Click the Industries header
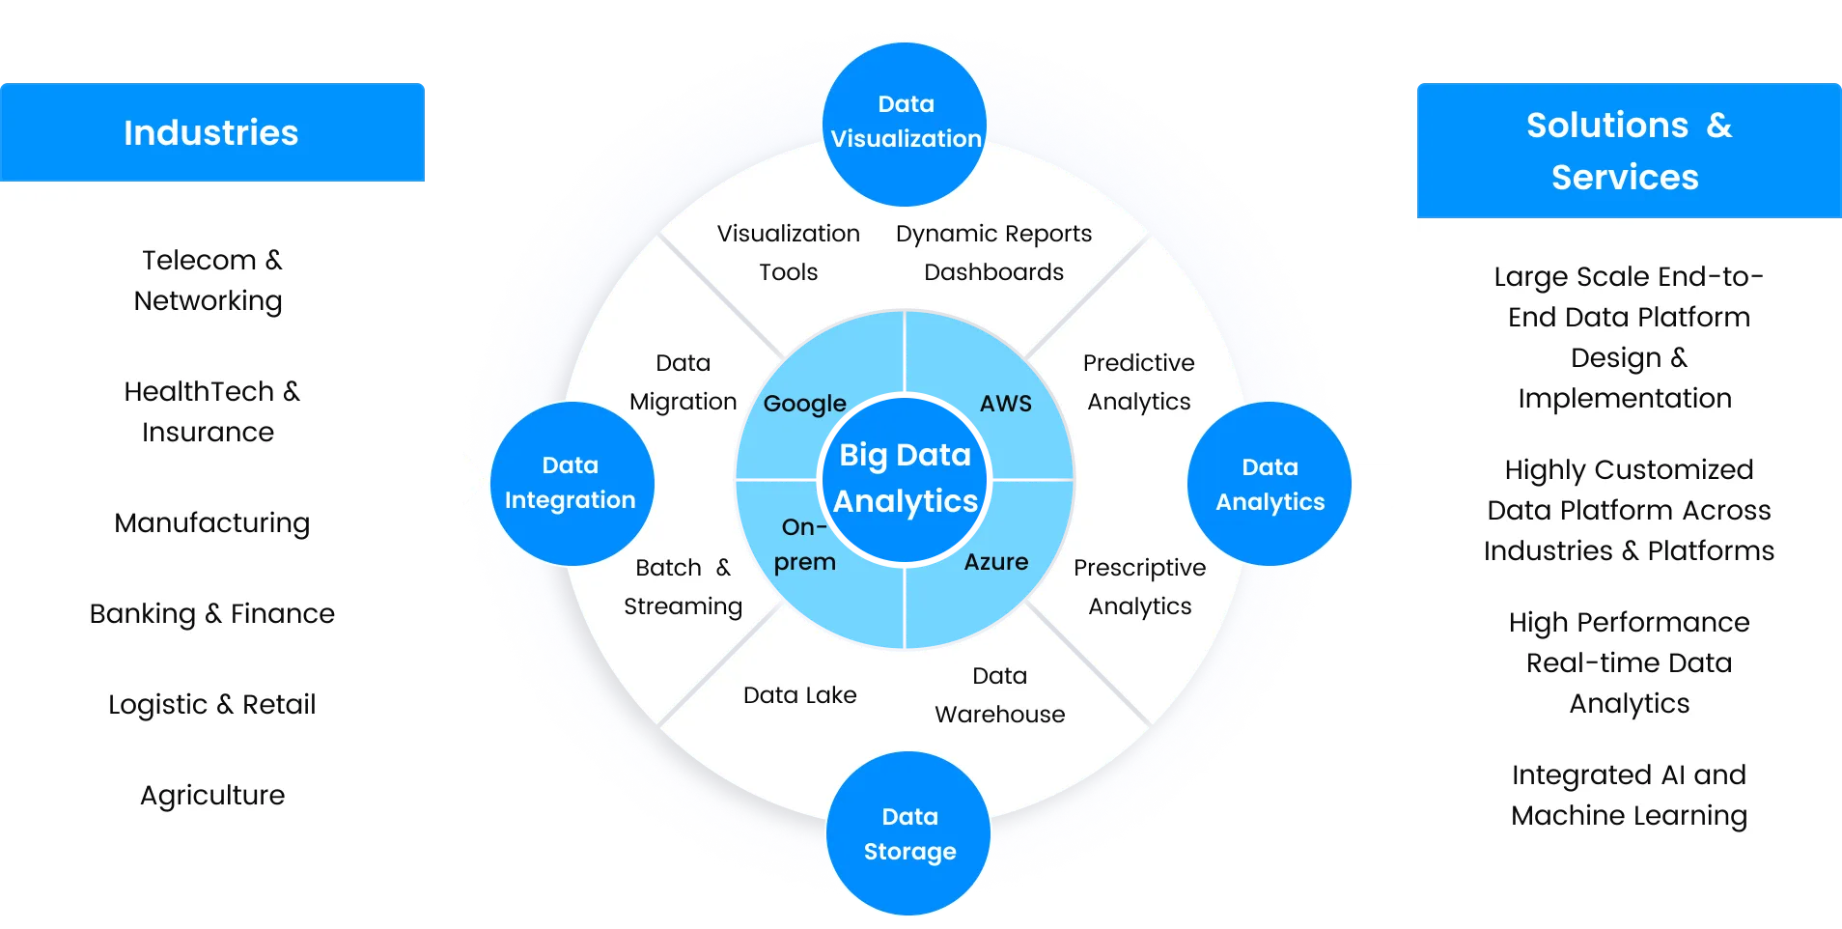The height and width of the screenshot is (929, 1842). (211, 132)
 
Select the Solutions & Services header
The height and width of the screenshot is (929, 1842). (1628, 151)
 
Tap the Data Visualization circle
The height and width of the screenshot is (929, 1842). (906, 123)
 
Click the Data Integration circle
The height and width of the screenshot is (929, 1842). (571, 483)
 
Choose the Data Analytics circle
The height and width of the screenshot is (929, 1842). (1270, 484)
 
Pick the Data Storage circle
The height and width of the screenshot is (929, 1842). (909, 833)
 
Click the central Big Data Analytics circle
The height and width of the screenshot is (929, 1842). (905, 478)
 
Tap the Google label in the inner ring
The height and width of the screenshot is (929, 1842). (804, 404)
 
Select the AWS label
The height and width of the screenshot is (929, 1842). (1005, 404)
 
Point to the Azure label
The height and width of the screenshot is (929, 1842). (996, 562)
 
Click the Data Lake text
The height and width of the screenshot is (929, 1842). (799, 695)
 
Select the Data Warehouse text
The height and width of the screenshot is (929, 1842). (1000, 695)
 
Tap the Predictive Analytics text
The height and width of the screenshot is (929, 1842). (1139, 382)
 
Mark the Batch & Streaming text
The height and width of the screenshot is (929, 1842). (683, 587)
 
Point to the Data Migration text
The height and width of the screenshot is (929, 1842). (683, 382)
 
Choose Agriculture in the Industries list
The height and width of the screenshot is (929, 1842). (212, 796)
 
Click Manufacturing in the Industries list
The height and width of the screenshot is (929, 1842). (212, 523)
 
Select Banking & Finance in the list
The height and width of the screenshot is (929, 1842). (212, 614)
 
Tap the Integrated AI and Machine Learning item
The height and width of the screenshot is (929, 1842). (1629, 796)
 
